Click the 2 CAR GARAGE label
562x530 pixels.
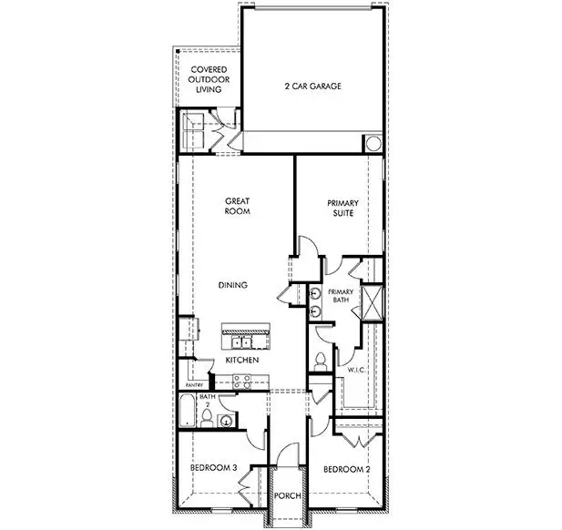click(x=312, y=87)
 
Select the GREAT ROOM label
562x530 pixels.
click(x=237, y=206)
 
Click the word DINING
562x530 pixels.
click(x=233, y=285)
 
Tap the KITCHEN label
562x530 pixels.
click(x=242, y=361)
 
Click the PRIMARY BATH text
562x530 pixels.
click(x=342, y=300)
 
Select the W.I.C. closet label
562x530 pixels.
click(x=356, y=370)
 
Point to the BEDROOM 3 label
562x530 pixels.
click(x=214, y=468)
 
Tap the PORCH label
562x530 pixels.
click(x=288, y=495)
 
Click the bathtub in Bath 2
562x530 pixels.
click(x=188, y=413)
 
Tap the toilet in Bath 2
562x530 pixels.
click(x=208, y=418)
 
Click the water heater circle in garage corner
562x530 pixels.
click(x=373, y=144)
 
